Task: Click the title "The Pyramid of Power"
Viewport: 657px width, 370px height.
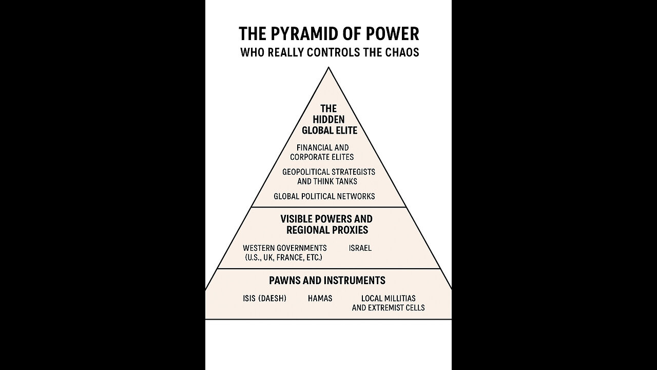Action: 328,34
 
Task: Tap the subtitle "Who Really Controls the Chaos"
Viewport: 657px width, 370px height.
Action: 329,53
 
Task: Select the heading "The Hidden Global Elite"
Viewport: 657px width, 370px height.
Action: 328,119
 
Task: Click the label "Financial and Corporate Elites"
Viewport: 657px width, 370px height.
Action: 322,152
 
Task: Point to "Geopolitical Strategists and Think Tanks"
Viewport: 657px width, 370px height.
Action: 328,176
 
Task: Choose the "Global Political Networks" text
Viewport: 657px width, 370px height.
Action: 324,196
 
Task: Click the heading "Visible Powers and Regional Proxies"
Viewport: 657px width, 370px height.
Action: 326,225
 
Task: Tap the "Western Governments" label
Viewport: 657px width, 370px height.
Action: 284,248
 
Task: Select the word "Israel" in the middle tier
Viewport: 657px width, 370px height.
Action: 360,248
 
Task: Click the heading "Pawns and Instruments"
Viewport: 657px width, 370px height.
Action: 327,281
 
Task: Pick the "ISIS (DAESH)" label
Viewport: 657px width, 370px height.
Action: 264,298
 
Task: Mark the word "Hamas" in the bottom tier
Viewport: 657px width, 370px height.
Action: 320,298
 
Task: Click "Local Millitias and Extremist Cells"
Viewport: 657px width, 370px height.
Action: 388,303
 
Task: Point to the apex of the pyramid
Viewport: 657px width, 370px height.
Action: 328,68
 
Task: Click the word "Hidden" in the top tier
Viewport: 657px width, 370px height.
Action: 328,119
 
